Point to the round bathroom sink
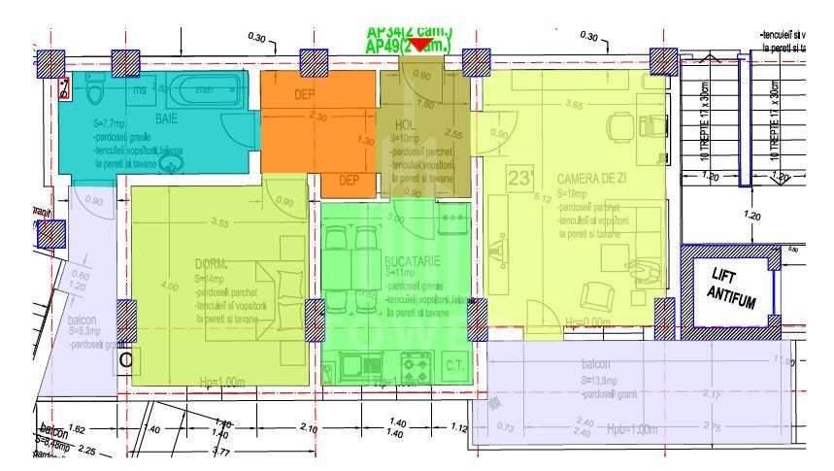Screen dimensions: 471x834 point(171,163)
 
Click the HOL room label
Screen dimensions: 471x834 point(405,125)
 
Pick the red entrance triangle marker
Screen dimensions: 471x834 point(418,45)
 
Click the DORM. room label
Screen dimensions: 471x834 point(211,264)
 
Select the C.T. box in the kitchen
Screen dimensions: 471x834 point(455,366)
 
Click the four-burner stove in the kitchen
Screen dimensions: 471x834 point(417,368)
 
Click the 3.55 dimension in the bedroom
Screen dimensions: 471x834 point(219,223)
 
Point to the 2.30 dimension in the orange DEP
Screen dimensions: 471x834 point(317,117)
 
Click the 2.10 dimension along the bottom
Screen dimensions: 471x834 point(309,428)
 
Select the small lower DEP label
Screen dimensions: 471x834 point(349,180)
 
